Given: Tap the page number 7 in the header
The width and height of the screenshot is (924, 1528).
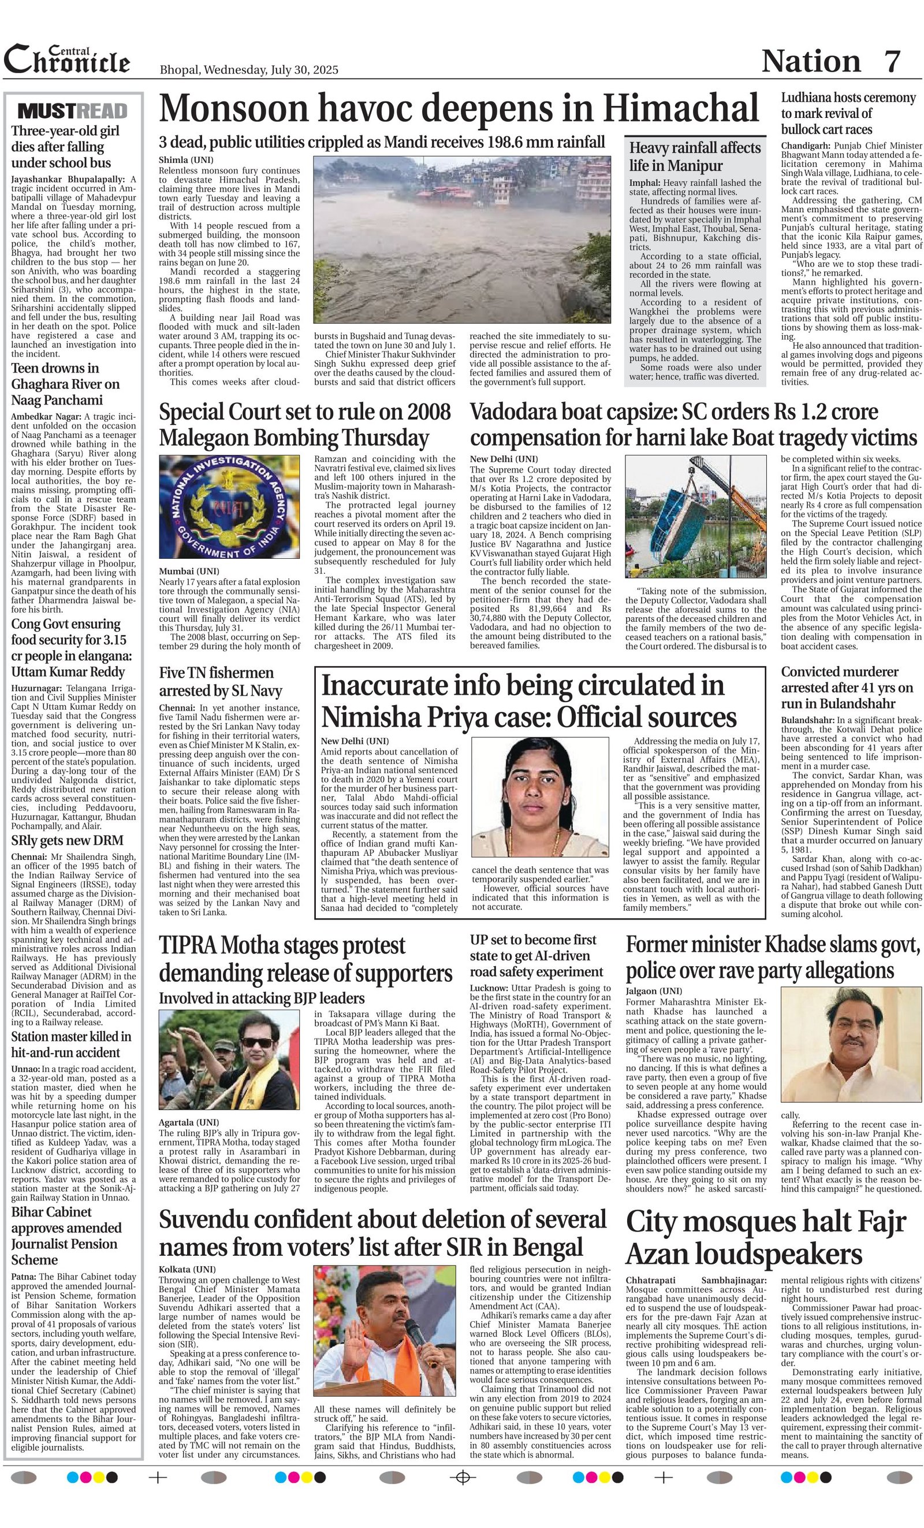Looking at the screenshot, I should pos(892,61).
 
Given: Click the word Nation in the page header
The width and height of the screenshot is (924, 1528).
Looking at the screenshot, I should pos(811,61).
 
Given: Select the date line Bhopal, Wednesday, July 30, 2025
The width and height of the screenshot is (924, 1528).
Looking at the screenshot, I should pos(248,69).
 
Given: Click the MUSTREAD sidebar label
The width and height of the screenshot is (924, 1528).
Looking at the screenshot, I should pos(73,111).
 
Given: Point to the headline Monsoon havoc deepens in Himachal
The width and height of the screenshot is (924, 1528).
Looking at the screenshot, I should pos(459,108).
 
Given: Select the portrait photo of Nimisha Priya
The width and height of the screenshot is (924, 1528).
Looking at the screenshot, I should pos(540,796).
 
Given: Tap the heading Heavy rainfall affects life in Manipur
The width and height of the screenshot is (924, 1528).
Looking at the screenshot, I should pos(695,157).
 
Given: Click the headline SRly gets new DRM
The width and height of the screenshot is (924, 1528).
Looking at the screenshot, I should pos(67,840).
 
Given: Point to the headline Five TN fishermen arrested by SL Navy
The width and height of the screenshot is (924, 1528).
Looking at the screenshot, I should pos(221,681).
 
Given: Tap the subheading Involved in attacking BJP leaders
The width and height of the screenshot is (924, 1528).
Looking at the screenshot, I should pos(262,998).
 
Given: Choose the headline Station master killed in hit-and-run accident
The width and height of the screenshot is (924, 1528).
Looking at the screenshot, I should pos(71,1044).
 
